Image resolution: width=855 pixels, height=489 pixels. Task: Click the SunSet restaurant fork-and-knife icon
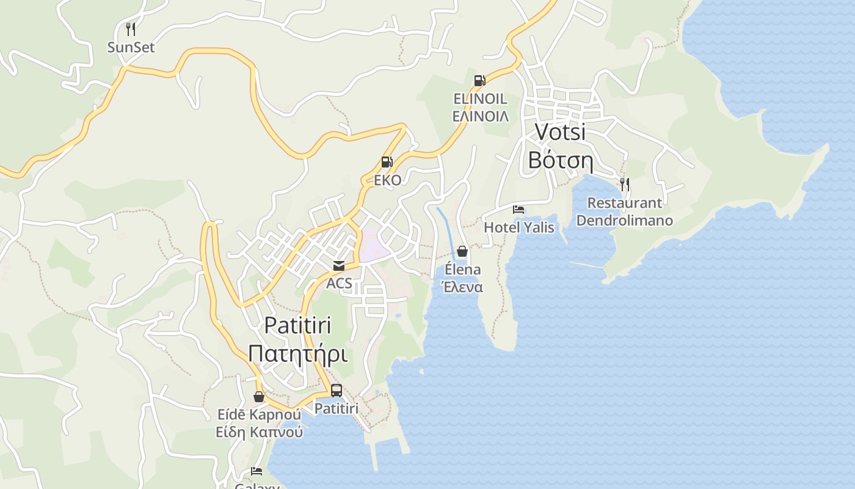click(x=130, y=29)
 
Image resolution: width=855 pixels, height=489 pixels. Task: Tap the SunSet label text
click(x=131, y=47)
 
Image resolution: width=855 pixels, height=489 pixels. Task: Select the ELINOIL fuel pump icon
click(x=479, y=80)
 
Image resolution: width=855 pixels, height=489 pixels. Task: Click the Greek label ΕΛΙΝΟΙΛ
click(x=480, y=116)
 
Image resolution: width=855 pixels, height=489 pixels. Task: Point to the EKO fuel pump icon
click(x=387, y=162)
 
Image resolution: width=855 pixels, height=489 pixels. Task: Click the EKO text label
click(x=388, y=180)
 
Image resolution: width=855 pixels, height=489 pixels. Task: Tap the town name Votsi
click(x=560, y=131)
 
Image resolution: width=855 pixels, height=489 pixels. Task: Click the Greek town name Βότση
click(x=560, y=160)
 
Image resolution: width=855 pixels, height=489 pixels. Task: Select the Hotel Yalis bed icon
click(x=518, y=210)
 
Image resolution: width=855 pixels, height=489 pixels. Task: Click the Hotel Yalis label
click(x=519, y=227)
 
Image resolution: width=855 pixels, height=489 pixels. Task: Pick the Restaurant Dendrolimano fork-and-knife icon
click(x=624, y=184)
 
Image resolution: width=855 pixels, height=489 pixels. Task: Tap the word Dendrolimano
click(x=624, y=220)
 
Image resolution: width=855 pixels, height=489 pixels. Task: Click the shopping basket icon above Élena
click(x=462, y=251)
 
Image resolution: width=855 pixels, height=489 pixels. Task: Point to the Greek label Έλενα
click(x=462, y=287)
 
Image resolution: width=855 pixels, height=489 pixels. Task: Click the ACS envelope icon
click(x=338, y=266)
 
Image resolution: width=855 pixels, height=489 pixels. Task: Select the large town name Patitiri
click(x=297, y=325)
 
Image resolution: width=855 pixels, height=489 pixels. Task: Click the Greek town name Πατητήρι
click(x=297, y=354)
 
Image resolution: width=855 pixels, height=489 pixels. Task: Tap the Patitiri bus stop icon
click(x=336, y=390)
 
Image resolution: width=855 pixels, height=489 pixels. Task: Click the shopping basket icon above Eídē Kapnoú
click(x=259, y=397)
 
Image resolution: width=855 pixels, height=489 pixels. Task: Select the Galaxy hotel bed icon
click(x=256, y=471)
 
